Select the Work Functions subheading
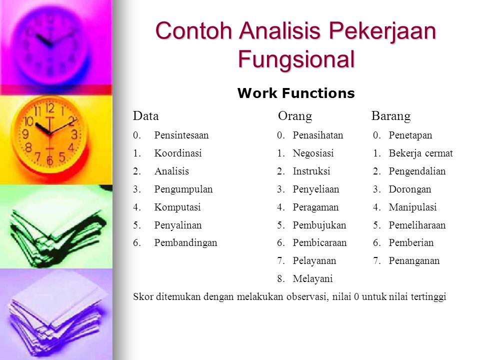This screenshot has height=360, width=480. (x=296, y=93)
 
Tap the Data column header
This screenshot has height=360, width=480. (x=145, y=116)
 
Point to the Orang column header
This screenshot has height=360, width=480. (x=295, y=116)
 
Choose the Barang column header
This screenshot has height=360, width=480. (x=391, y=116)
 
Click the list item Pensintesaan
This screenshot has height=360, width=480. (x=181, y=135)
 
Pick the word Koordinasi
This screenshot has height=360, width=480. (x=178, y=153)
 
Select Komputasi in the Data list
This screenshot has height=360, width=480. (x=177, y=207)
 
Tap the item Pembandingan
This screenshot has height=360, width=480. (x=185, y=243)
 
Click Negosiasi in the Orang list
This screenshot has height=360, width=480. (x=313, y=153)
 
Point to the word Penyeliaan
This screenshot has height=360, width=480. (x=316, y=189)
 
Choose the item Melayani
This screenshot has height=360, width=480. (x=312, y=279)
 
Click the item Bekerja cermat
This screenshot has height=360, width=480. (x=420, y=153)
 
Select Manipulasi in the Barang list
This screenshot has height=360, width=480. (x=412, y=207)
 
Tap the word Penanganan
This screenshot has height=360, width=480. (x=414, y=261)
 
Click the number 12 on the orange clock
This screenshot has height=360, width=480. (x=50, y=108)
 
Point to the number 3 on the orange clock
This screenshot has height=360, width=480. (x=74, y=134)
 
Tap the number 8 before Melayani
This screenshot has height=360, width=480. (x=280, y=279)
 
